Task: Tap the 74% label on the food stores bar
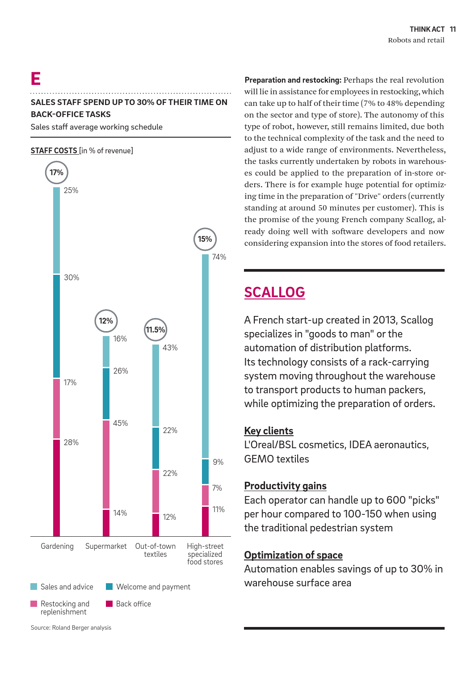click(219, 257)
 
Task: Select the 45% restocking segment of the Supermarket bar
click(106, 464)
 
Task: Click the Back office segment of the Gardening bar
click(56, 488)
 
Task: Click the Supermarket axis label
click(106, 546)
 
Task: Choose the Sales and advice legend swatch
click(34, 586)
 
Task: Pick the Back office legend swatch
click(109, 604)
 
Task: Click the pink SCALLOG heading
click(275, 292)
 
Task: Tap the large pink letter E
click(36, 79)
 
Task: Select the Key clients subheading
click(269, 431)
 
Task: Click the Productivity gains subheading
click(285, 486)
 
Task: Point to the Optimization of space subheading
click(293, 555)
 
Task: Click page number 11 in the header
click(453, 29)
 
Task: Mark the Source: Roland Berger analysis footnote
click(71, 627)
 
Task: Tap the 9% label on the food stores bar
click(218, 462)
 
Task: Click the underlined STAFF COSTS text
click(54, 151)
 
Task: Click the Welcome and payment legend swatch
click(109, 586)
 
